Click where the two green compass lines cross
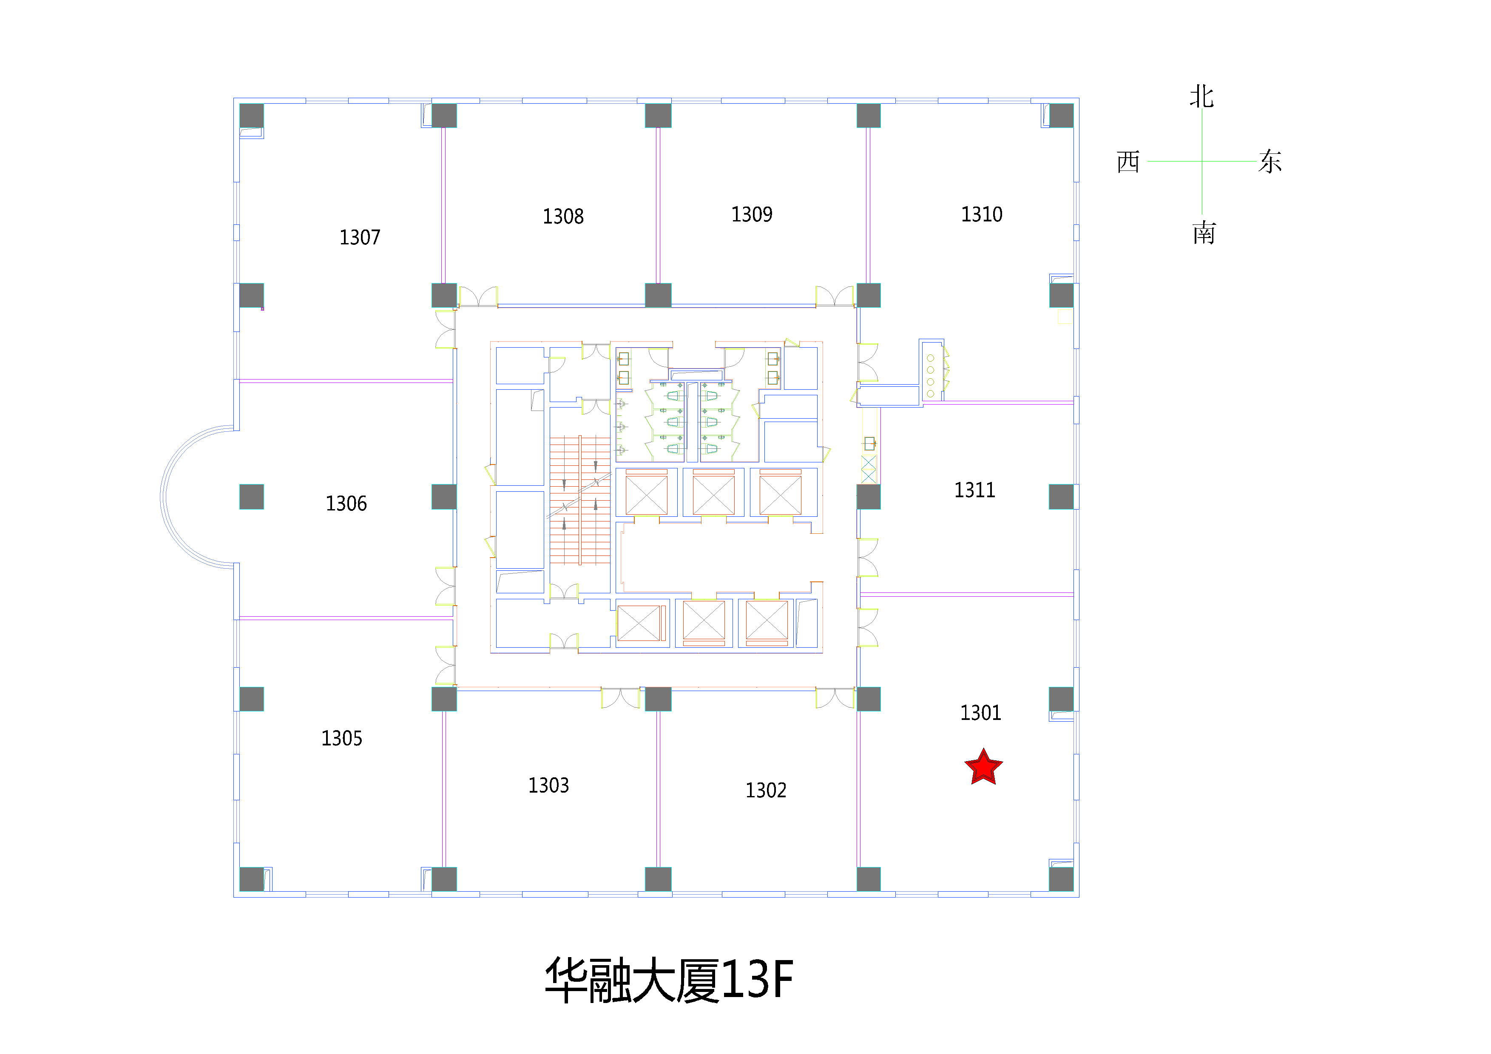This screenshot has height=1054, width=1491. click(x=1201, y=161)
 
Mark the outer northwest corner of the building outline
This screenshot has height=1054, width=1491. click(x=234, y=99)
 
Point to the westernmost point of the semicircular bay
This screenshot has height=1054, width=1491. click(x=160, y=497)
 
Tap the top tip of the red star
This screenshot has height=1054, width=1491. click(x=984, y=748)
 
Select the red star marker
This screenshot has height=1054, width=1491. click(x=984, y=767)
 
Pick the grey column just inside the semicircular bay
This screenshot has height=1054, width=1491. click(x=251, y=497)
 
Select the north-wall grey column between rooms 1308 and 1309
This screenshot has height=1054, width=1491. click(x=658, y=116)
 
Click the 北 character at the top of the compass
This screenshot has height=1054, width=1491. click(x=1201, y=97)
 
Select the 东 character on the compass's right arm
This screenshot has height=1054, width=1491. click(x=1270, y=161)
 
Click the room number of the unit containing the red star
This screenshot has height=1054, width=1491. click(x=980, y=713)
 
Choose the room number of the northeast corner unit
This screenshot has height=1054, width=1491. click(x=981, y=214)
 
